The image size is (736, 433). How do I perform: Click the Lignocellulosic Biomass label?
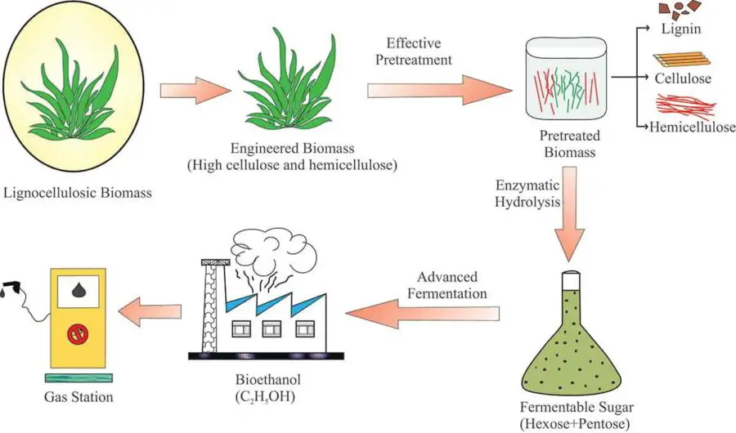[79, 194]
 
